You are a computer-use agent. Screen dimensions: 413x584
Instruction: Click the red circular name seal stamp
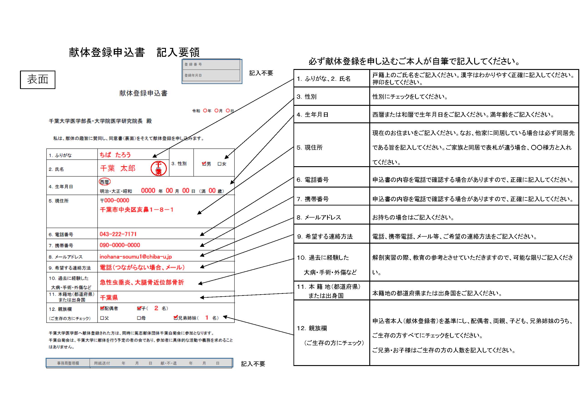pos(158,168)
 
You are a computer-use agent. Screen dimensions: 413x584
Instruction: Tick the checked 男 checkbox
pos(204,164)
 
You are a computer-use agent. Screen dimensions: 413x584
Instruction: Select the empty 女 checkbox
pos(219,164)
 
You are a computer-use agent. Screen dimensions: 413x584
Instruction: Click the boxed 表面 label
pos(38,80)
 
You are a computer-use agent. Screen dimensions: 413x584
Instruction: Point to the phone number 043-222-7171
pos(118,234)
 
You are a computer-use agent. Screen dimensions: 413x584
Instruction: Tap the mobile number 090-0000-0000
pos(120,245)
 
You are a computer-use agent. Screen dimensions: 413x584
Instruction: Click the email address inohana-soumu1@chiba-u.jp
pos(136,257)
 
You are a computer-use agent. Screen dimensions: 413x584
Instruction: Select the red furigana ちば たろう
pos(115,155)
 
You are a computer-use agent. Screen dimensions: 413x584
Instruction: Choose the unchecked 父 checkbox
pos(102,318)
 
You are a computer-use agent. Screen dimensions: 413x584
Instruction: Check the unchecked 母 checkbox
pos(139,318)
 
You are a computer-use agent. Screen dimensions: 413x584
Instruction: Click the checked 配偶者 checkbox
pos(102,308)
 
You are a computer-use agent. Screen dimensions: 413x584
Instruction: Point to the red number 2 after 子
pos(156,308)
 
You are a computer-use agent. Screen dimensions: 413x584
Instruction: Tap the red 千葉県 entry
pos(109,297)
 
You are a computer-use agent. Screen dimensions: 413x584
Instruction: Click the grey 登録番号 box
pos(212,65)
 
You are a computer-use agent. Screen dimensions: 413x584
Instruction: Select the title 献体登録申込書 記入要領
pos(134,52)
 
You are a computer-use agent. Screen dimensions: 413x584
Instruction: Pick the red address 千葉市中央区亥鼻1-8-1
pos(137,210)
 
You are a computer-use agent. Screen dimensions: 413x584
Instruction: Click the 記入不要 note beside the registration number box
pos(261,73)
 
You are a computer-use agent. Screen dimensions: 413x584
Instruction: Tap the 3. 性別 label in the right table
pos(306,97)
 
